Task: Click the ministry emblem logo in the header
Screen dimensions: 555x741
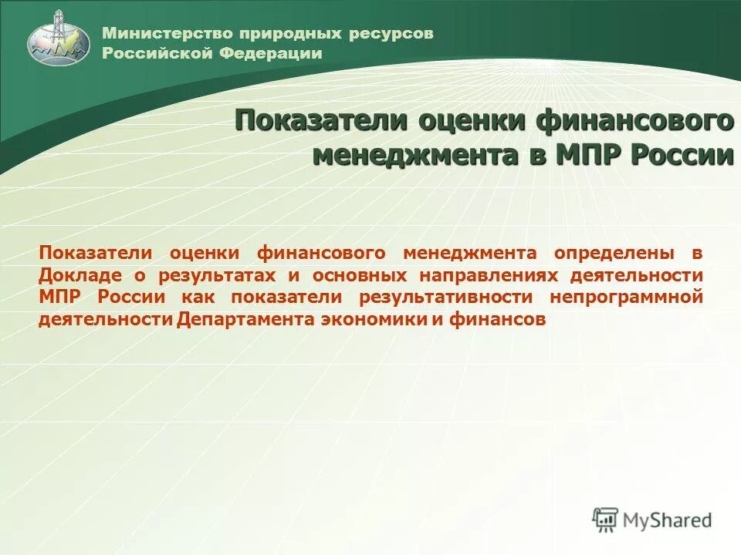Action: (59, 37)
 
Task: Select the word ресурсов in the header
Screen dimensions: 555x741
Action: (391, 33)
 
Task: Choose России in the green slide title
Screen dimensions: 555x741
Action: (682, 154)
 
